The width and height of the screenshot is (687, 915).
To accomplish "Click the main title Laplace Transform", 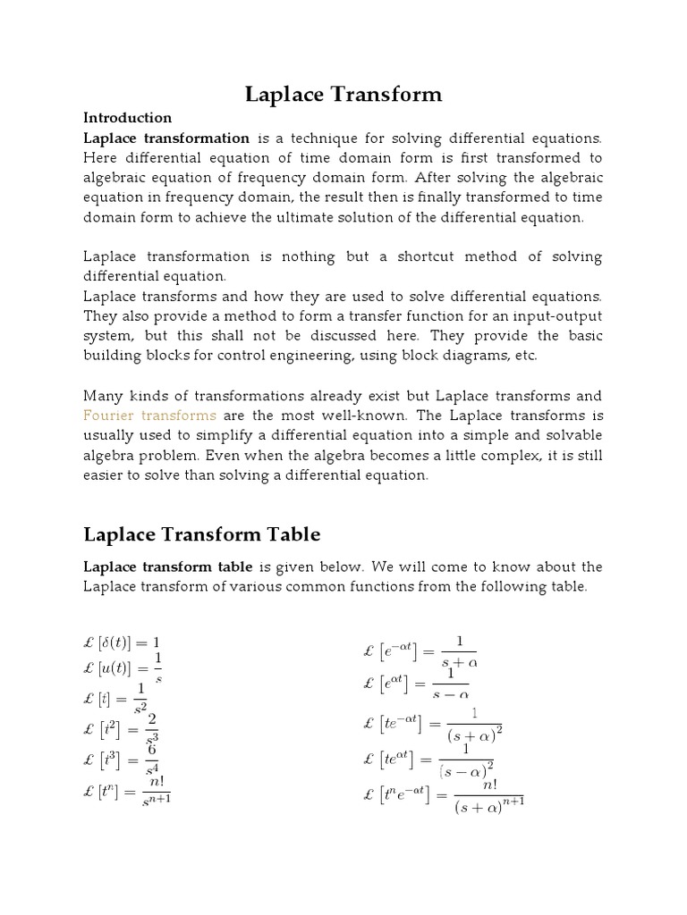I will [x=343, y=94].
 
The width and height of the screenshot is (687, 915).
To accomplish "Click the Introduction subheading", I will [x=127, y=118].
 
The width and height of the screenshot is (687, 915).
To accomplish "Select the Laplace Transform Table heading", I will [x=201, y=534].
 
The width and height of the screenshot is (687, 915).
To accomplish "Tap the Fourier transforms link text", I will [x=149, y=416].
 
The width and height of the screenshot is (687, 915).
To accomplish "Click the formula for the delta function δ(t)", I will [x=123, y=642].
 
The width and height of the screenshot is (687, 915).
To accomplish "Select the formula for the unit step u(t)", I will [x=123, y=668].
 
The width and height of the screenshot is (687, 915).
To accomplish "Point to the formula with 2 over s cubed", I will [x=122, y=726].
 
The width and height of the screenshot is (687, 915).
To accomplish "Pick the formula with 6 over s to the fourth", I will [x=122, y=759].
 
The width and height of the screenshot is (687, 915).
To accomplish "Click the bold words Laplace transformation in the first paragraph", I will [x=166, y=138].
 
